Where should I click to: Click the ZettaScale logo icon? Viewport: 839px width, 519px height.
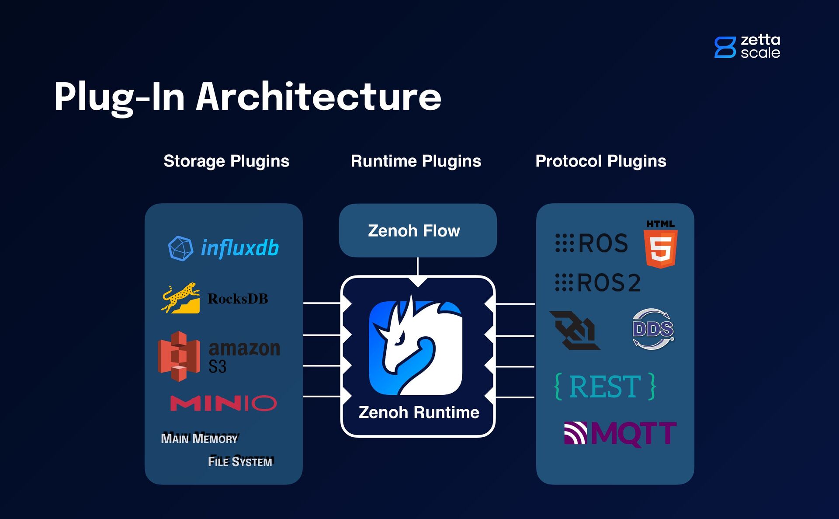[x=725, y=47]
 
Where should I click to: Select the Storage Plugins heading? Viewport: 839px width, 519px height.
[x=226, y=161]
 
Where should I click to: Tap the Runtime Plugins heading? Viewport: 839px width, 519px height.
[x=416, y=161]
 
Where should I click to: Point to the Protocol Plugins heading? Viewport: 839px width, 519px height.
[x=600, y=161]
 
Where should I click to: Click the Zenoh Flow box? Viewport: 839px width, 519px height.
[x=418, y=230]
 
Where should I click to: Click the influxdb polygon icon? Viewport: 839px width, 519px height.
[x=180, y=248]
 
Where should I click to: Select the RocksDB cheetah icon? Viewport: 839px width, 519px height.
[x=181, y=298]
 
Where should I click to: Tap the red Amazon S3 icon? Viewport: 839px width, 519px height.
[x=179, y=356]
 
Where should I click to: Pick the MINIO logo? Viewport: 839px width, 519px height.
[x=223, y=403]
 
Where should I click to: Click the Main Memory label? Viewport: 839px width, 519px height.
[x=199, y=438]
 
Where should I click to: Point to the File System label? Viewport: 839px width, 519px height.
[x=240, y=461]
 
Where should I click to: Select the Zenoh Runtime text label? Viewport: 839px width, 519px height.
[x=419, y=412]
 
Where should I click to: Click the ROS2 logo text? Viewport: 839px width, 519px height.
[x=598, y=282]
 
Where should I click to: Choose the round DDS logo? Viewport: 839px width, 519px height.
[x=653, y=329]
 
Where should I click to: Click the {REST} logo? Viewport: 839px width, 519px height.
[x=605, y=387]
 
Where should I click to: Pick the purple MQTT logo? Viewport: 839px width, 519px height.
[x=620, y=433]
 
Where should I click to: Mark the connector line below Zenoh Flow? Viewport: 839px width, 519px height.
[x=418, y=266]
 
